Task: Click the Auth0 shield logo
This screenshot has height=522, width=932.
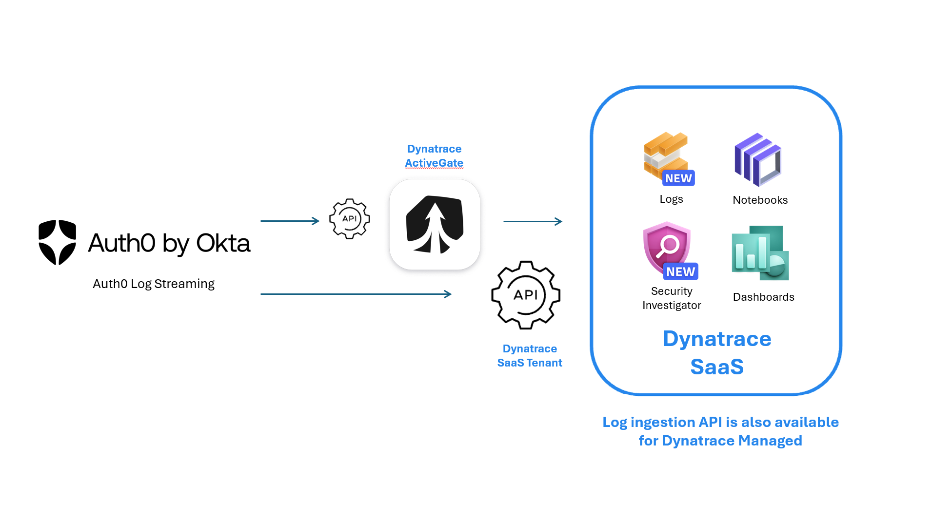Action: pyautogui.click(x=57, y=242)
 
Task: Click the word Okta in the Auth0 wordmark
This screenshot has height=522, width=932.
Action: pyautogui.click(x=223, y=243)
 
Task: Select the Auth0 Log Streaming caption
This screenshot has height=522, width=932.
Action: pyautogui.click(x=153, y=284)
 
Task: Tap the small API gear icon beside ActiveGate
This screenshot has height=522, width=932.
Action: pyautogui.click(x=349, y=219)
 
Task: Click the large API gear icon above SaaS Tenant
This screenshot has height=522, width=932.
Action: pyautogui.click(x=525, y=295)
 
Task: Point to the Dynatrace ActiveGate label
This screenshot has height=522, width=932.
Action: pyautogui.click(x=434, y=156)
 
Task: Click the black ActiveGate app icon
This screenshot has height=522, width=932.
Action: pyautogui.click(x=435, y=225)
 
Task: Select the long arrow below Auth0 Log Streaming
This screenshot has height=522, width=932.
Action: pyautogui.click(x=356, y=294)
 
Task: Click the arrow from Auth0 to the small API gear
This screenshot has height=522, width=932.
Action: pyautogui.click(x=290, y=221)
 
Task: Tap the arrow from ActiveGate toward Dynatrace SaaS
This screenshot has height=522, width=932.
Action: pyautogui.click(x=533, y=221)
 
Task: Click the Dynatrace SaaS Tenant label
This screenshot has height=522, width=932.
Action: pyautogui.click(x=530, y=356)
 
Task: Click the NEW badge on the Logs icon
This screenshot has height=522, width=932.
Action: pyautogui.click(x=678, y=178)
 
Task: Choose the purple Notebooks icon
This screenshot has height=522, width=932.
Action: pyautogui.click(x=758, y=160)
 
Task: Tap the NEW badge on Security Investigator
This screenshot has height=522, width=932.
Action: pyautogui.click(x=680, y=271)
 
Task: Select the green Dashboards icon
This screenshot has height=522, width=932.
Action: pyautogui.click(x=760, y=253)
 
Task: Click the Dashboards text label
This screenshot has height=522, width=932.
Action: pyautogui.click(x=763, y=297)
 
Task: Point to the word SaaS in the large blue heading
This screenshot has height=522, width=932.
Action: pyautogui.click(x=716, y=367)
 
